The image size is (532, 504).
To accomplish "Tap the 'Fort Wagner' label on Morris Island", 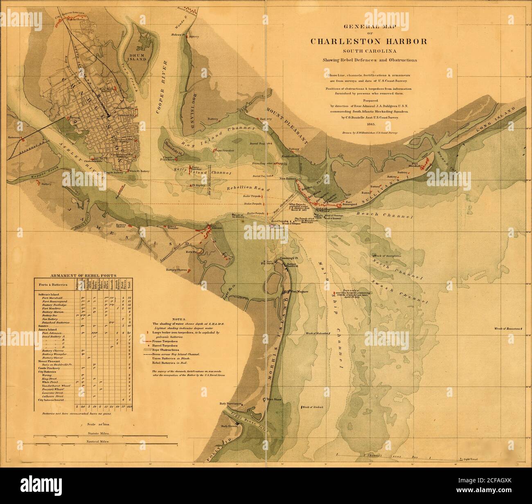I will pyautogui.click(x=299, y=292).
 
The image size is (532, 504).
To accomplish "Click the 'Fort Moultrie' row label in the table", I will pyautogui.click(x=51, y=308).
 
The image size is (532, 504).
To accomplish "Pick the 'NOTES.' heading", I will pyautogui.click(x=179, y=319).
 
